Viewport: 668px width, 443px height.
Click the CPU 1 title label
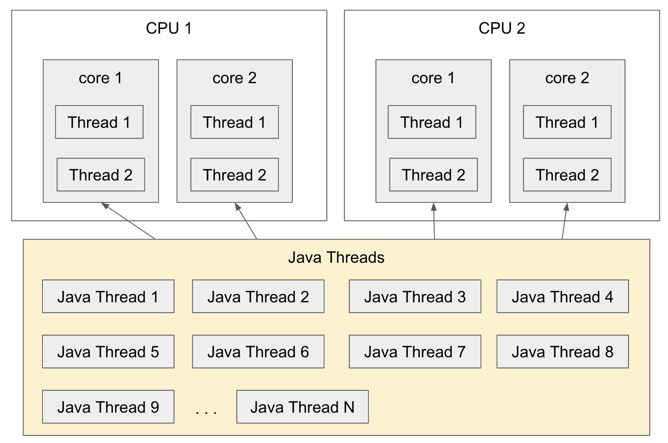(x=169, y=28)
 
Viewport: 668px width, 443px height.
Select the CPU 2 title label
(x=502, y=28)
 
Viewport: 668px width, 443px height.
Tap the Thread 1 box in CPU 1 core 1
(x=99, y=122)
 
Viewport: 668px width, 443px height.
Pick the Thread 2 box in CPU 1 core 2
(x=234, y=175)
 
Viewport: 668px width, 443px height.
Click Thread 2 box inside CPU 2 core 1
(x=434, y=175)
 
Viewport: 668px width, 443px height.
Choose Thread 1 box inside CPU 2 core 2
(x=567, y=122)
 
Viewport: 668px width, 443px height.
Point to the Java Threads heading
(x=336, y=258)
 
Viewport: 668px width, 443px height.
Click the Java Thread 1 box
(x=108, y=296)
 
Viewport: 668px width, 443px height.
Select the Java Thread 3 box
(x=415, y=296)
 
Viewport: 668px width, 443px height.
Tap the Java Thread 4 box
(x=563, y=296)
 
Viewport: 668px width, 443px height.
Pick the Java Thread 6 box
(x=258, y=351)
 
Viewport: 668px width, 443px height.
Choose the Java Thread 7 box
(x=415, y=351)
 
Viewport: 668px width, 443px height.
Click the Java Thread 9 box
(x=108, y=407)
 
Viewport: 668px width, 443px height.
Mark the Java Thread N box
(x=302, y=407)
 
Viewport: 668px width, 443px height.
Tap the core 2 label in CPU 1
(x=234, y=78)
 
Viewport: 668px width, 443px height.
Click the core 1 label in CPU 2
(x=433, y=78)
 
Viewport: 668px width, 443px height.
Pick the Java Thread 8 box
(x=563, y=351)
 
